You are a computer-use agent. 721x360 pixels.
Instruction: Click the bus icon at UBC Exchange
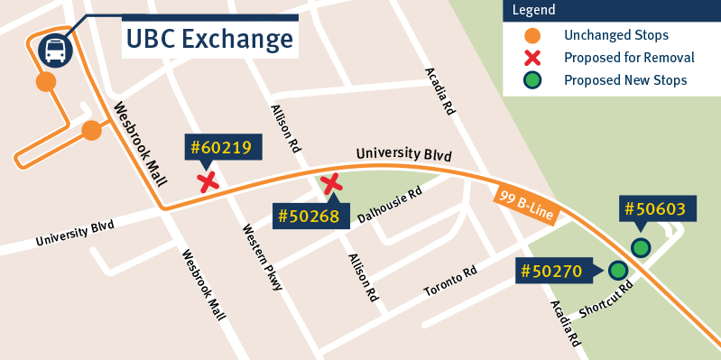[55, 51]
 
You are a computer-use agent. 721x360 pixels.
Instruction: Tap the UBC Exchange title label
[209, 39]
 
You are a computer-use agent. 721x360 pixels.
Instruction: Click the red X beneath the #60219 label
[208, 183]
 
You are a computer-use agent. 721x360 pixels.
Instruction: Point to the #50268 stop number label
[308, 217]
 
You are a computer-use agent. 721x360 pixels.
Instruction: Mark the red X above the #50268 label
[332, 185]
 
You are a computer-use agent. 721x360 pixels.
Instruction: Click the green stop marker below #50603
[640, 247]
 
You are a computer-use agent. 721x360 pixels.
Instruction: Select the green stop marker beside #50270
[618, 270]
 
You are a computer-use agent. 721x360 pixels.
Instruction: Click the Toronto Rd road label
[450, 285]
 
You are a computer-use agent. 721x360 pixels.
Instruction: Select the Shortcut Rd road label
[605, 297]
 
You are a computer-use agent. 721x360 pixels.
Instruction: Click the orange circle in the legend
[533, 35]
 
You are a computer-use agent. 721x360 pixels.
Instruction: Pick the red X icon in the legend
[533, 58]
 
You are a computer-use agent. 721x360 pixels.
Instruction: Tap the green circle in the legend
[533, 80]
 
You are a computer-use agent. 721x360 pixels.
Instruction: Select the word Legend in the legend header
[535, 11]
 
